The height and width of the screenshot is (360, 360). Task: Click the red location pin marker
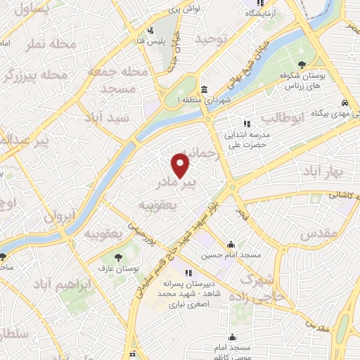click(181, 165)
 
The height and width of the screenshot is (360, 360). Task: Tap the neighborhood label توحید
click(213, 39)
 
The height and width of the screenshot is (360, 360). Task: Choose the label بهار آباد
click(323, 171)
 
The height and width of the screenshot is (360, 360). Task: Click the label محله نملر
click(51, 44)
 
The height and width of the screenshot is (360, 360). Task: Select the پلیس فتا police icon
click(150, 31)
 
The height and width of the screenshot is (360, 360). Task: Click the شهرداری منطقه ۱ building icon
click(204, 90)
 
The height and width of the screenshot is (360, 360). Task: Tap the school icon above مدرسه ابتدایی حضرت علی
click(246, 124)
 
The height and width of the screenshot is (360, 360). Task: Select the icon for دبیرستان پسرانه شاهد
click(188, 273)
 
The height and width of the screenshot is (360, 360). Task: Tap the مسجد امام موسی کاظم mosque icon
click(233, 338)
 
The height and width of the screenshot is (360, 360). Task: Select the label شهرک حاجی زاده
click(265, 288)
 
